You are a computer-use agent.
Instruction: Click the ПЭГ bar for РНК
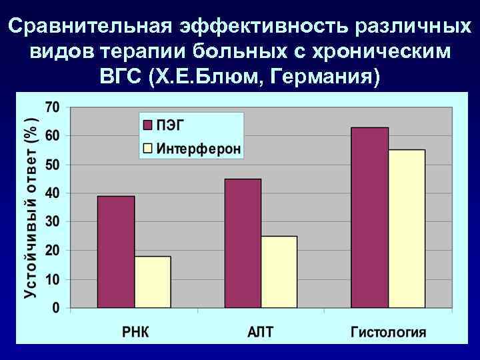(116, 252)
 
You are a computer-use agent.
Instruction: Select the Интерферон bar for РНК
(152, 282)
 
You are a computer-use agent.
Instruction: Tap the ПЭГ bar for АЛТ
(243, 243)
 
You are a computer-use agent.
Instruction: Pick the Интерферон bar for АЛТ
(279, 272)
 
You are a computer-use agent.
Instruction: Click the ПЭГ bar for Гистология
(370, 217)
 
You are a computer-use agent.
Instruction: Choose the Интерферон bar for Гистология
(407, 229)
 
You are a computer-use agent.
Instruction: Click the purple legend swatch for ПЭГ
(147, 125)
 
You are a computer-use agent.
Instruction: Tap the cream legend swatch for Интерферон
(147, 148)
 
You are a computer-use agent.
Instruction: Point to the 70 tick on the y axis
(52, 107)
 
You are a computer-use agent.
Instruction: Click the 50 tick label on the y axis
(52, 165)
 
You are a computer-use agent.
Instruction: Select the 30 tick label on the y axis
(52, 222)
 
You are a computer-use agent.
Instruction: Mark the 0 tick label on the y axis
(56, 308)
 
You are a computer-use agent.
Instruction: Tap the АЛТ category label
(261, 331)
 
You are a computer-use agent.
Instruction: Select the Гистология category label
(389, 331)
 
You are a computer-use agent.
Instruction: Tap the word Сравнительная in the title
(92, 27)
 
